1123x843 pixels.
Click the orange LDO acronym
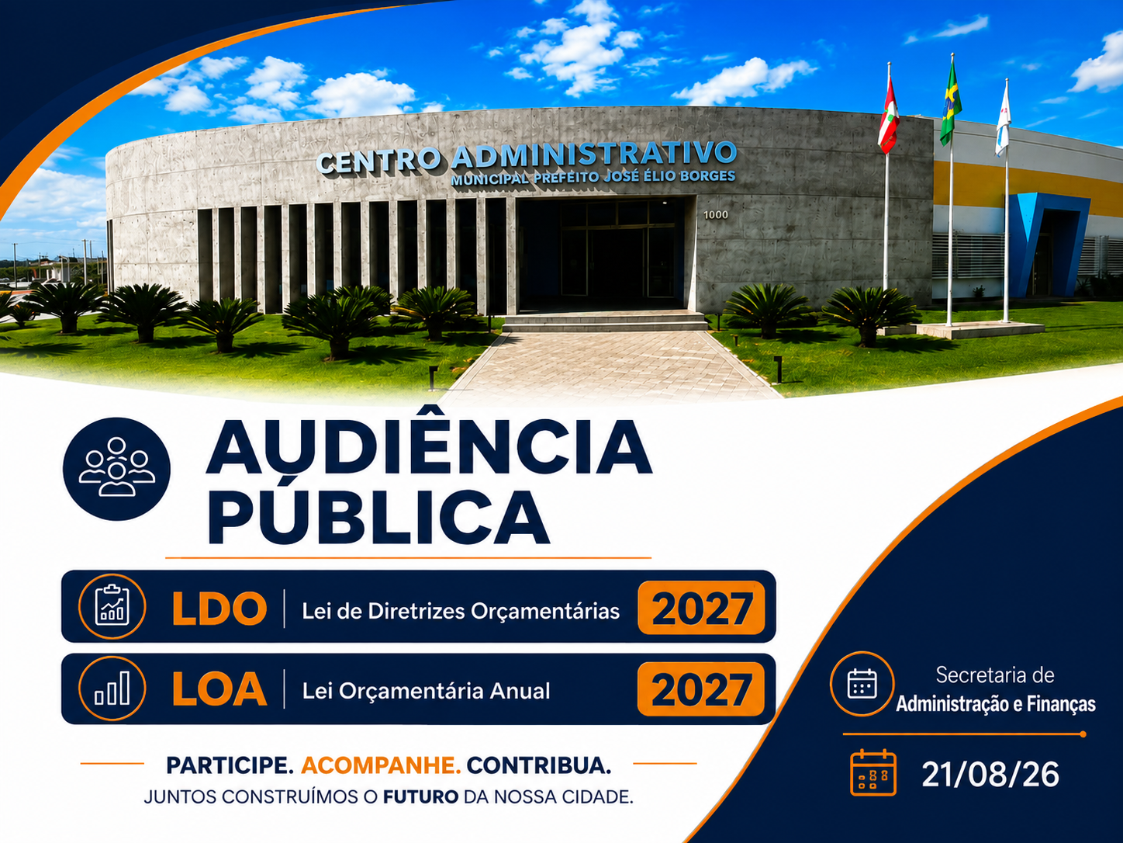pyautogui.click(x=219, y=609)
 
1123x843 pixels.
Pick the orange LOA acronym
pyautogui.click(x=219, y=689)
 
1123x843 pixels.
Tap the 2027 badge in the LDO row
pyautogui.click(x=701, y=608)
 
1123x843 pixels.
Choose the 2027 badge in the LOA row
pyautogui.click(x=701, y=689)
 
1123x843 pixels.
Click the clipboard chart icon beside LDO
pyautogui.click(x=112, y=606)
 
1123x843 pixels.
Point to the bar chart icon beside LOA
pyautogui.click(x=112, y=689)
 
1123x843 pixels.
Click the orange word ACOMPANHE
pyautogui.click(x=381, y=765)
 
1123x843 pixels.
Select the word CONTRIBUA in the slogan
pyautogui.click(x=539, y=765)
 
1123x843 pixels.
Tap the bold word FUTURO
pyautogui.click(x=420, y=797)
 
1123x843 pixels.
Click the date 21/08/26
pyautogui.click(x=990, y=775)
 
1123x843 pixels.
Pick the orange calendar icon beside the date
pyautogui.click(x=872, y=773)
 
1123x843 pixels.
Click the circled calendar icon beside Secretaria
pyautogui.click(x=862, y=684)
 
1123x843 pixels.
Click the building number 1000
pyautogui.click(x=716, y=215)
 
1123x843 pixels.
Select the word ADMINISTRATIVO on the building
pyautogui.click(x=594, y=154)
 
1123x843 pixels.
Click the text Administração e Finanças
pyautogui.click(x=996, y=704)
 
